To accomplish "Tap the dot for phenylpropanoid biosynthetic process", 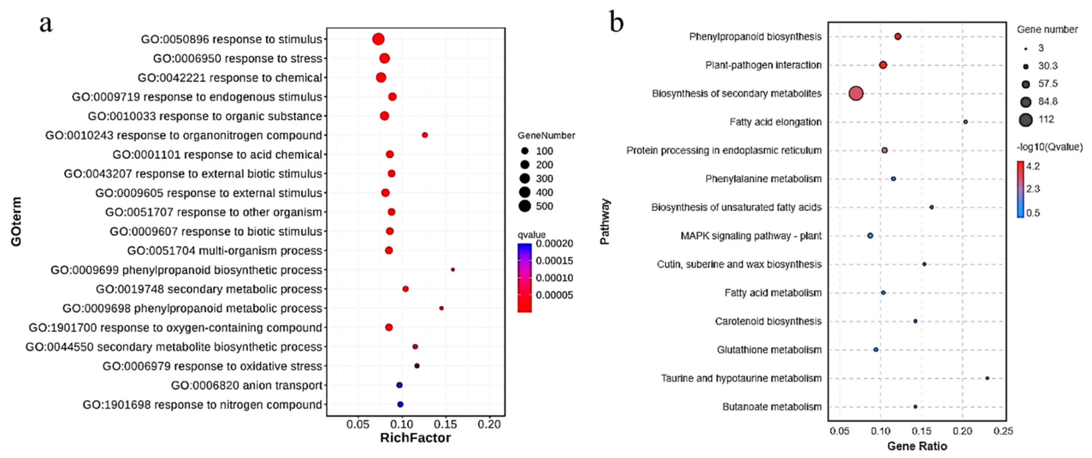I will (453, 269).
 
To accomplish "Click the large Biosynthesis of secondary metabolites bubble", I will (856, 93).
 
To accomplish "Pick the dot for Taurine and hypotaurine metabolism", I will (987, 378).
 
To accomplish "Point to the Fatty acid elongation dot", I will (966, 122).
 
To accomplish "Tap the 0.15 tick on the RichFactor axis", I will (445, 424).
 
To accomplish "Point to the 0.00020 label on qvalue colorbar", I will (554, 244).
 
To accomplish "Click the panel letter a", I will (46, 23).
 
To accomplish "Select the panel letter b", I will (616, 22).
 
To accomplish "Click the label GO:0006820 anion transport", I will (246, 385).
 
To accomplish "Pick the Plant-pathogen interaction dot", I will (883, 65).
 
